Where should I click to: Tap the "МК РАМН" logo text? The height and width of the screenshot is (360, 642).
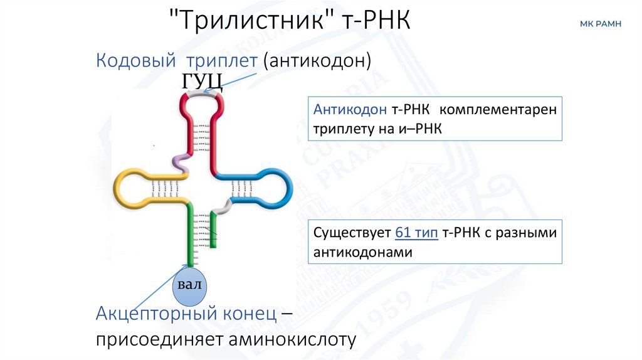pyautogui.click(x=600, y=24)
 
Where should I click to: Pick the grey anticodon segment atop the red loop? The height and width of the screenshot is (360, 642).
pyautogui.click(x=204, y=92)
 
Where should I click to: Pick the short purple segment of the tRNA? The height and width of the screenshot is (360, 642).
pyautogui.click(x=181, y=162)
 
